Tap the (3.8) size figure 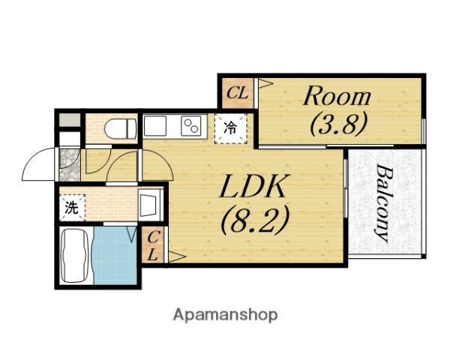click(x=339, y=124)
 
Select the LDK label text click(x=253, y=186)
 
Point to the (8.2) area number click(x=254, y=220)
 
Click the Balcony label click(x=383, y=203)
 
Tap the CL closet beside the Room click(x=237, y=93)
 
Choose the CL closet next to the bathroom click(x=153, y=244)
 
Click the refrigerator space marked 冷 click(x=231, y=128)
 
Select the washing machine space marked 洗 click(x=72, y=208)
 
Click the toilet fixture click(x=120, y=129)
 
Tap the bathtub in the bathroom click(x=75, y=256)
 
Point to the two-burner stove click(x=190, y=126)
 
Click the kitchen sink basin click(x=155, y=126)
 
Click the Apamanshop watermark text click(x=225, y=315)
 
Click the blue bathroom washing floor click(x=115, y=256)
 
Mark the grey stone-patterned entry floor click(x=69, y=164)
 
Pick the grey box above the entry click(x=70, y=120)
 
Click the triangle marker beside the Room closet click(x=265, y=83)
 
